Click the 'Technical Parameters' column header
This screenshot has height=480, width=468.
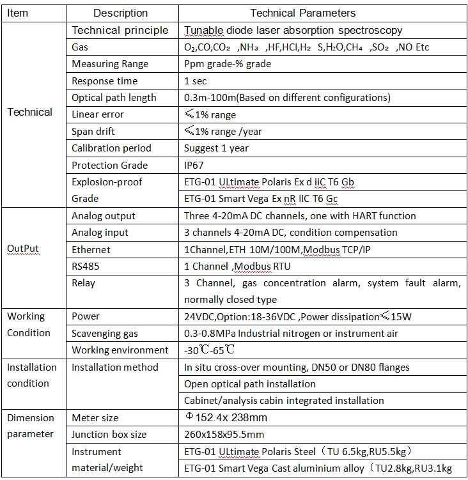coord(302,13)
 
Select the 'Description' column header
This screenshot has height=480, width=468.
coord(120,13)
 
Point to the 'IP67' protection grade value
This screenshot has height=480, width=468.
coord(194,165)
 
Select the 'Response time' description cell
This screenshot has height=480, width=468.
coord(105,81)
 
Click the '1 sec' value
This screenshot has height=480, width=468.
coord(195,81)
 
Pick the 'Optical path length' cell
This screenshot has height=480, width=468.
coord(114,98)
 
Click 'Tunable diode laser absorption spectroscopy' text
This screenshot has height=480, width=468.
coord(293,31)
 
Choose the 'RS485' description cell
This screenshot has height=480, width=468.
coord(86,266)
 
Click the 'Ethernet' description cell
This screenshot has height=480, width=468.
coord(91,249)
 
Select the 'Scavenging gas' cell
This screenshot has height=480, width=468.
coord(104,334)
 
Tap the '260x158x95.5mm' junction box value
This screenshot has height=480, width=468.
coord(224,435)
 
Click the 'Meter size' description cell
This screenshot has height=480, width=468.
coord(95,418)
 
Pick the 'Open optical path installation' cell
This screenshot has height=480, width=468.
coord(249,384)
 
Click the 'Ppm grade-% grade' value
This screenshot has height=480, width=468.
coord(227,64)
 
